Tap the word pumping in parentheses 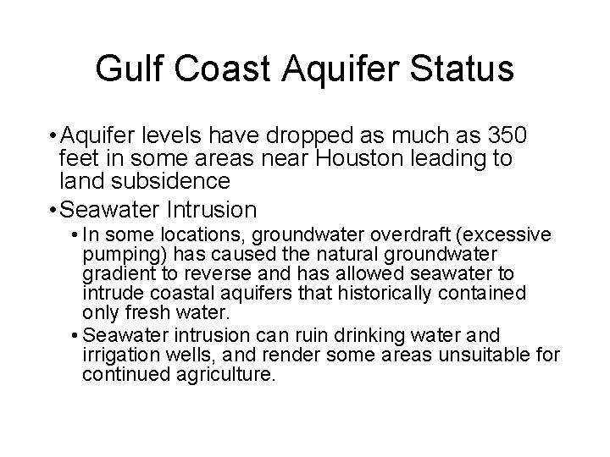tap(119, 253)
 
